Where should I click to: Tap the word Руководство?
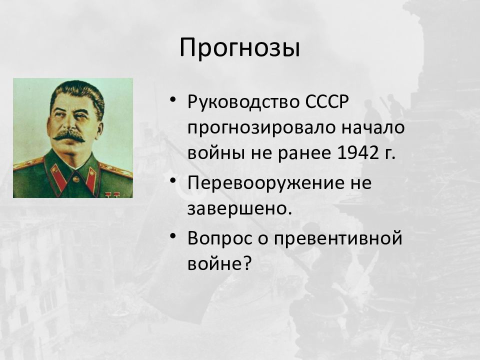pos(244,102)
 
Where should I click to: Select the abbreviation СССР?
pos(327,101)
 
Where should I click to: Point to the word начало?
pos(373,127)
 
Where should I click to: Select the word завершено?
pos(239,209)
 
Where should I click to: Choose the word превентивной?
pos(337,239)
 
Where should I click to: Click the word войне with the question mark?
pos(219,262)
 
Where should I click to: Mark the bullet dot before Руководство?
pos(173,100)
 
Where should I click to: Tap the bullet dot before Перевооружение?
pos(173,180)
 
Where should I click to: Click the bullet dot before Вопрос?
pos(173,236)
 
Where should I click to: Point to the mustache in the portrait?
pos(69,135)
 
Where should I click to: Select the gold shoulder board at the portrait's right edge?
pos(116,170)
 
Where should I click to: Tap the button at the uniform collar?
pos(75,178)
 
